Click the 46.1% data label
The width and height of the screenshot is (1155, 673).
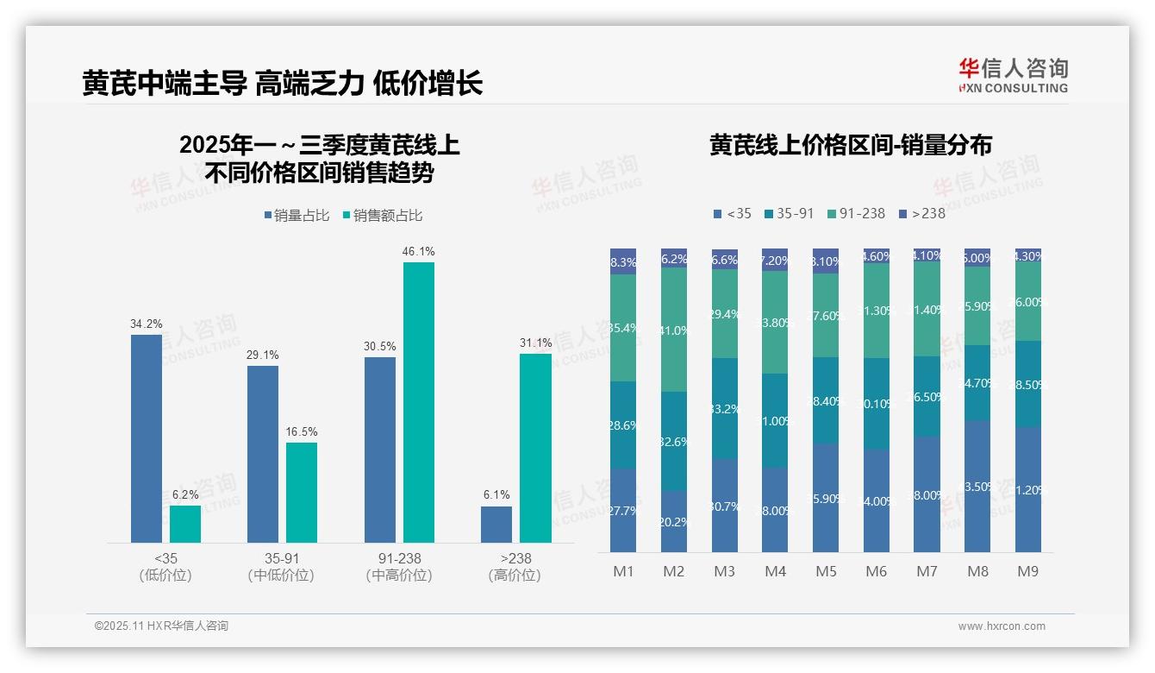coord(418,251)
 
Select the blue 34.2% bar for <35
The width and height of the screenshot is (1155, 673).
coord(146,438)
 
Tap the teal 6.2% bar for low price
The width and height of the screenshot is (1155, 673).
coord(185,524)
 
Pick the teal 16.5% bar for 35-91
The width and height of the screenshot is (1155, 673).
coord(302,493)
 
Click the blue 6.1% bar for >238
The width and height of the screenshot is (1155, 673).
coord(496,525)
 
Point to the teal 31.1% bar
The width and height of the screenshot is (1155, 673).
coord(535,448)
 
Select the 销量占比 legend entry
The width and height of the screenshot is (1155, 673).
coord(297,216)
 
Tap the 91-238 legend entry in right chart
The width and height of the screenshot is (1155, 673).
coord(855,213)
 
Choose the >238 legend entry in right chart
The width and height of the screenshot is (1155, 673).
coord(921,213)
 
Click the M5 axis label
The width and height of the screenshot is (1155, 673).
coord(826,571)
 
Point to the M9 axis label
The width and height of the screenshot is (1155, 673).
coord(1028,571)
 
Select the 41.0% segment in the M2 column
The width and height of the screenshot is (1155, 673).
coord(674,330)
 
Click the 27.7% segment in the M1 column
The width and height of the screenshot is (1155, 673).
coord(623,510)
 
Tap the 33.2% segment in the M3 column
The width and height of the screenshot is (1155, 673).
coord(725,408)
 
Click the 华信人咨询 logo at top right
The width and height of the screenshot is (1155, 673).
coord(1013,75)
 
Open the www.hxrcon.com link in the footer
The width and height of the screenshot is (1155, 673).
coord(1001,626)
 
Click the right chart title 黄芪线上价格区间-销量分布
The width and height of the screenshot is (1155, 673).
coord(850,145)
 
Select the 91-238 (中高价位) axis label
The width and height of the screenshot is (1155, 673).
coord(398,567)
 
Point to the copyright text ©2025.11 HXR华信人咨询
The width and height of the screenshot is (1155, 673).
coord(161,626)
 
